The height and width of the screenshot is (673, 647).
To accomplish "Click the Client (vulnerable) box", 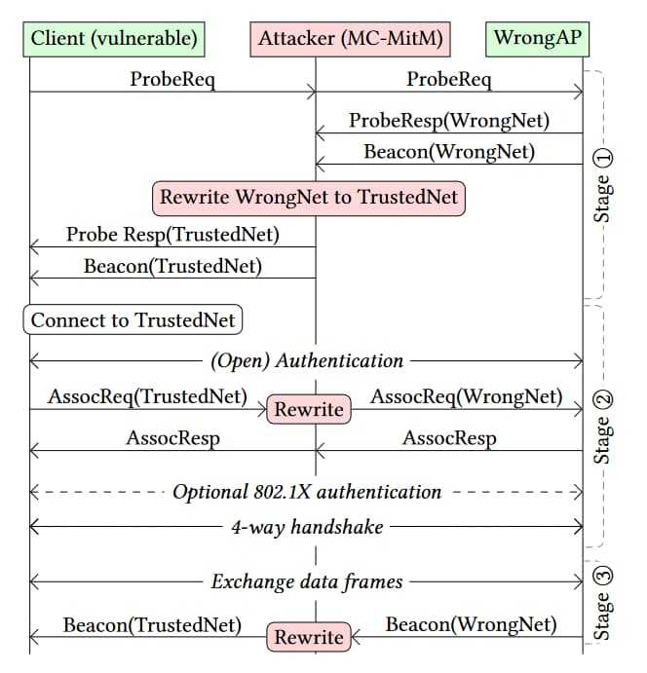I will pyautogui.click(x=114, y=38).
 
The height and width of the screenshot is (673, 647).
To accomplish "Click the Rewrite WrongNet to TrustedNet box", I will pyautogui.click(x=309, y=197).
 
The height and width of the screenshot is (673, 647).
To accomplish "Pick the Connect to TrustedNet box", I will pyautogui.click(x=133, y=319).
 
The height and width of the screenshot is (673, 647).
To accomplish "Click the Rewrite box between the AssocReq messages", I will pyautogui.click(x=309, y=410).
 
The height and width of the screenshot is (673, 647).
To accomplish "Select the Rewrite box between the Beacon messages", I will pyautogui.click(x=309, y=638).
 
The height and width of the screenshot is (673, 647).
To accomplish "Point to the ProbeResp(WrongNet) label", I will pyautogui.click(x=449, y=122).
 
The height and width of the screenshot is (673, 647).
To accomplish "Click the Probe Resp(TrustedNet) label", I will pyautogui.click(x=172, y=234).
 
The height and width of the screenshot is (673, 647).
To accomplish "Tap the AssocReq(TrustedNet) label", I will pyautogui.click(x=146, y=396).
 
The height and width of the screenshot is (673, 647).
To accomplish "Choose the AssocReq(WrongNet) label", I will pyautogui.click(x=467, y=396).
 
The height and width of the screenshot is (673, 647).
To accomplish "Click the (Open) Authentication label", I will pyautogui.click(x=307, y=361).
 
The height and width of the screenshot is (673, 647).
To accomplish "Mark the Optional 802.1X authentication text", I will pyautogui.click(x=307, y=492).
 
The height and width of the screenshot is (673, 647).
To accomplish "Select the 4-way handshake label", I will pyautogui.click(x=307, y=527).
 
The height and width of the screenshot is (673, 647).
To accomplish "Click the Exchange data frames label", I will pyautogui.click(x=307, y=582).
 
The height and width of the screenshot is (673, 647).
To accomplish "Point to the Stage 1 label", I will pyautogui.click(x=603, y=185).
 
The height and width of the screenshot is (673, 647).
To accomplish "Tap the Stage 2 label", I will pyautogui.click(x=603, y=427).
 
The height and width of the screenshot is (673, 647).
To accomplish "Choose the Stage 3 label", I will pyautogui.click(x=603, y=604).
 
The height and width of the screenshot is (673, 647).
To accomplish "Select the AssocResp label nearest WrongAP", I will pyautogui.click(x=449, y=438).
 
